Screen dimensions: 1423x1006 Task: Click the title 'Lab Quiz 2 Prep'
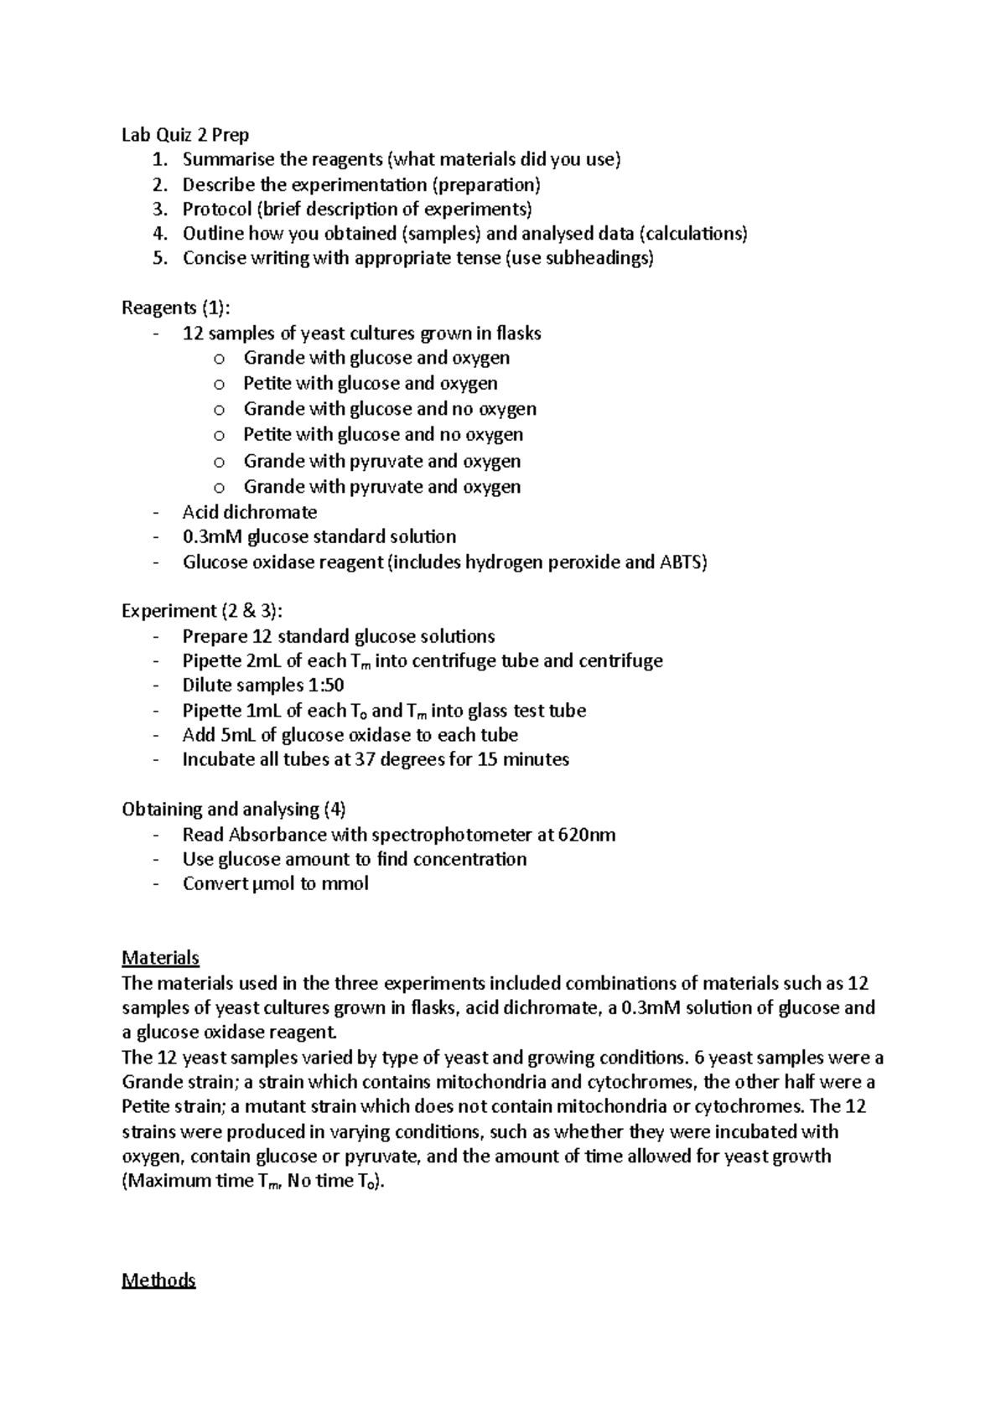tap(185, 134)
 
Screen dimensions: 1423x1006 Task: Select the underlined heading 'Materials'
tap(160, 958)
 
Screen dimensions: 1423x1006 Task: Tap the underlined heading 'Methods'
tap(158, 1281)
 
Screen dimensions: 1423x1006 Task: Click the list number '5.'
tap(160, 258)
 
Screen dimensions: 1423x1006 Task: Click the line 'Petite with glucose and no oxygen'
tap(383, 435)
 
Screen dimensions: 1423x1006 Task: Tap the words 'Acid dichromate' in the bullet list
tap(250, 512)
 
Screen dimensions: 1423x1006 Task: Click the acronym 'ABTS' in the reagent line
tap(682, 562)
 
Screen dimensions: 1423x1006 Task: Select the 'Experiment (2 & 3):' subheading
tap(208, 611)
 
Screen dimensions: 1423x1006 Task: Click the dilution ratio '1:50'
tap(326, 686)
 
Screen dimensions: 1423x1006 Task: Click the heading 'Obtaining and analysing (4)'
tap(234, 810)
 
